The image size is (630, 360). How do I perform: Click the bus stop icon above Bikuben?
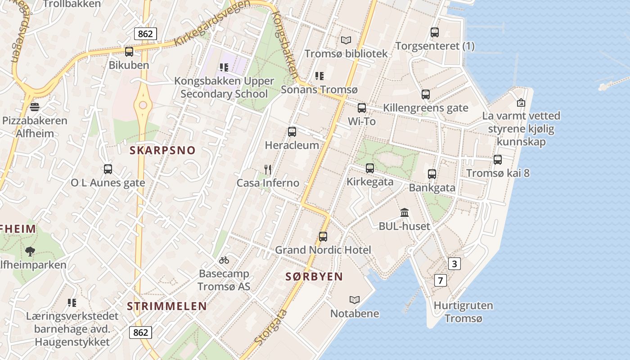pyautogui.click(x=129, y=51)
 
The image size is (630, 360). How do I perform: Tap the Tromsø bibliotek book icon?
pyautogui.click(x=346, y=40)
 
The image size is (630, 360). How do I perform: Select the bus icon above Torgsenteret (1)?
pyautogui.click(x=434, y=32)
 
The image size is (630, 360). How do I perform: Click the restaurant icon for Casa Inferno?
pyautogui.click(x=268, y=170)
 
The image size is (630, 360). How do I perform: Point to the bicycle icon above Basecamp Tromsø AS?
pyautogui.click(x=224, y=260)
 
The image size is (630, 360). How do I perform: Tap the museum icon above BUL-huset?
pyautogui.click(x=405, y=212)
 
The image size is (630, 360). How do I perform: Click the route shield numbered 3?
pyautogui.click(x=454, y=264)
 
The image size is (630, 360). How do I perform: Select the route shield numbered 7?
pyautogui.click(x=441, y=280)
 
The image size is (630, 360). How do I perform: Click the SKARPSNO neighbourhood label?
pyautogui.click(x=162, y=150)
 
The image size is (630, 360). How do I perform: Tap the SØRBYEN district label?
pyautogui.click(x=314, y=277)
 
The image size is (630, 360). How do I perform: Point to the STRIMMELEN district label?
pyautogui.click(x=166, y=306)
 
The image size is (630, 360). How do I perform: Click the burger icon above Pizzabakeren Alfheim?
pyautogui.click(x=34, y=107)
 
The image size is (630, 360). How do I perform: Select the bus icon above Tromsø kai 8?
pyautogui.click(x=497, y=160)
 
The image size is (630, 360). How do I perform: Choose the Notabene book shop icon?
pyautogui.click(x=355, y=300)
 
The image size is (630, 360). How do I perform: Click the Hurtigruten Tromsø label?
pyautogui.click(x=463, y=312)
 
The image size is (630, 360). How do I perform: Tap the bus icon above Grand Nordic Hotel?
pyautogui.click(x=323, y=237)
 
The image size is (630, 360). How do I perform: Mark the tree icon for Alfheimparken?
pyautogui.click(x=30, y=251)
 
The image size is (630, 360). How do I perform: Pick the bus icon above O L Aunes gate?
pyautogui.click(x=108, y=169)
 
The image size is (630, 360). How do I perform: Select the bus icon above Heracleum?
pyautogui.click(x=292, y=132)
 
